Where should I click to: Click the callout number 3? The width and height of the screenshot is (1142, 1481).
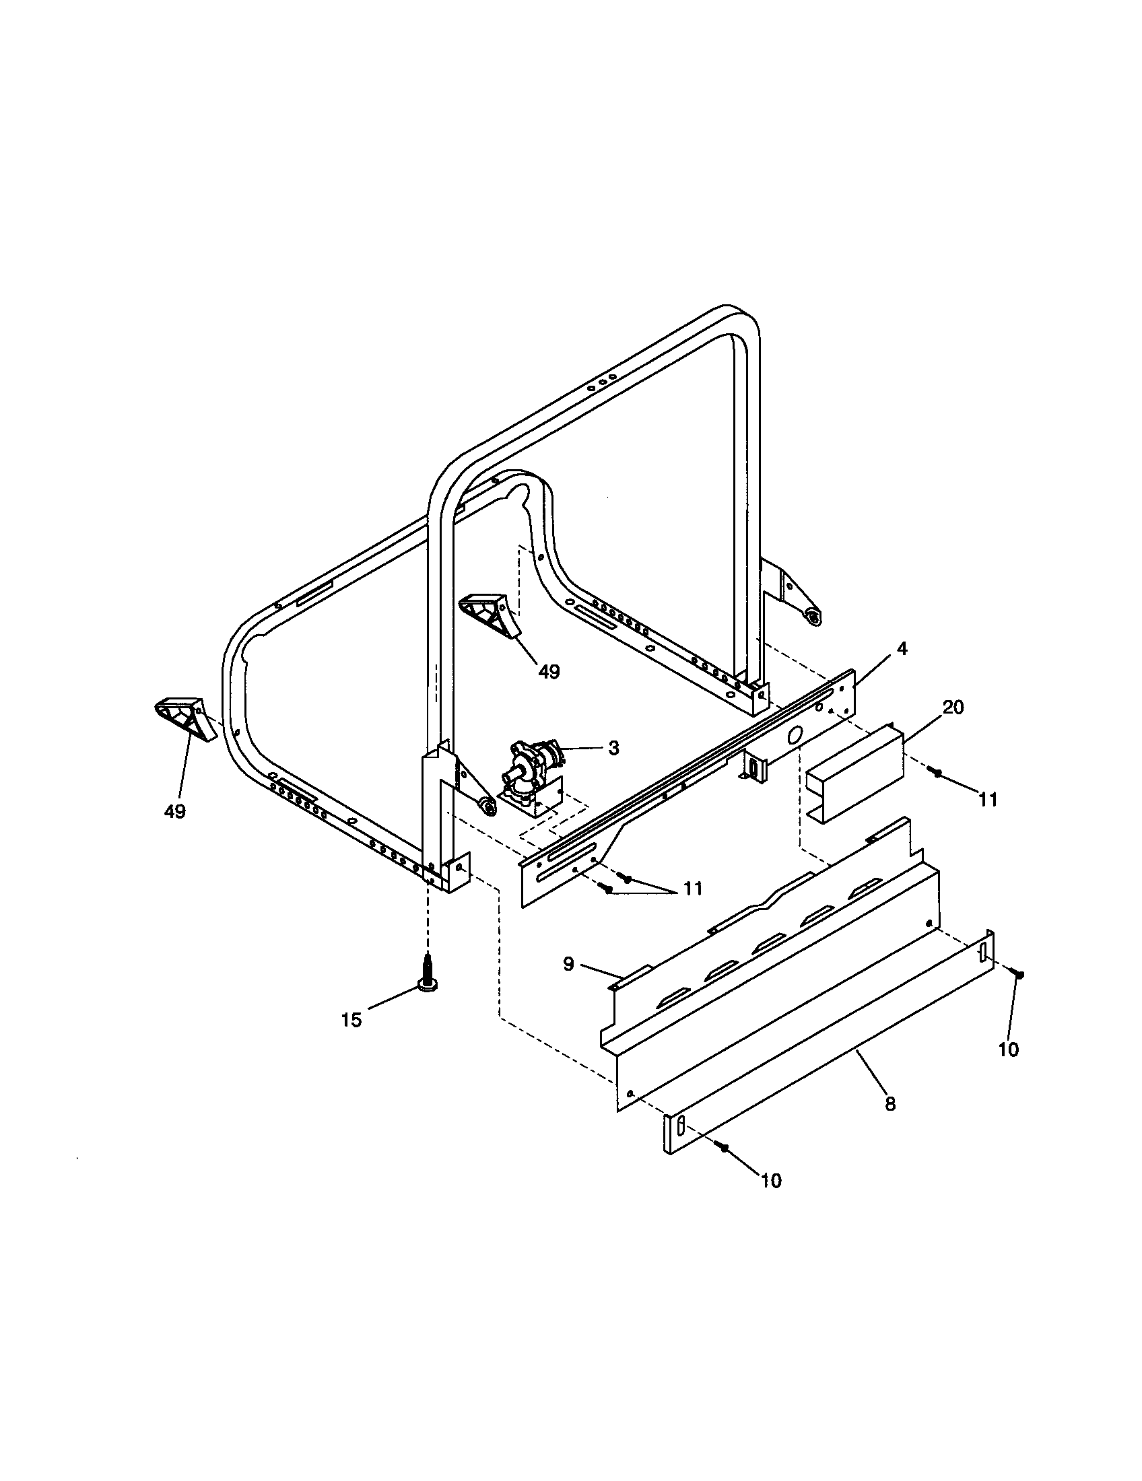coord(613,748)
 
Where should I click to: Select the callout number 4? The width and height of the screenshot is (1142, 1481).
coord(901,648)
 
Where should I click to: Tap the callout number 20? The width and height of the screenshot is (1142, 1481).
coord(953,708)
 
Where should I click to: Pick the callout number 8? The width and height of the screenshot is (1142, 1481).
coord(890,1104)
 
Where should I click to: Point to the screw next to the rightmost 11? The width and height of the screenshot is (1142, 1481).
coord(939,772)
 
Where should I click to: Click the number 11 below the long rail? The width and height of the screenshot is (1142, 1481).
coord(692,889)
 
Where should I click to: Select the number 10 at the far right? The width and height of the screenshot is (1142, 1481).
coord(1009,1050)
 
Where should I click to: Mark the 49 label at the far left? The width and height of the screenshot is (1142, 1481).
coord(175,811)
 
